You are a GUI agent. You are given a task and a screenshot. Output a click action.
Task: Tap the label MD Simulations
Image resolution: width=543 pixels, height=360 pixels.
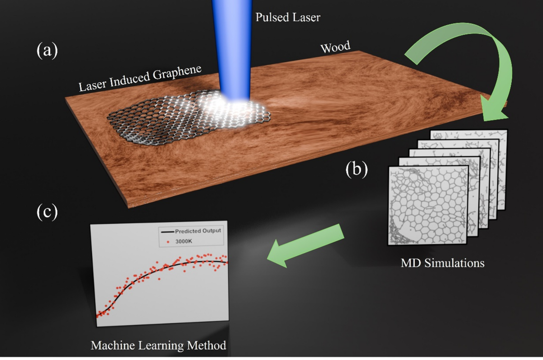(443, 263)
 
